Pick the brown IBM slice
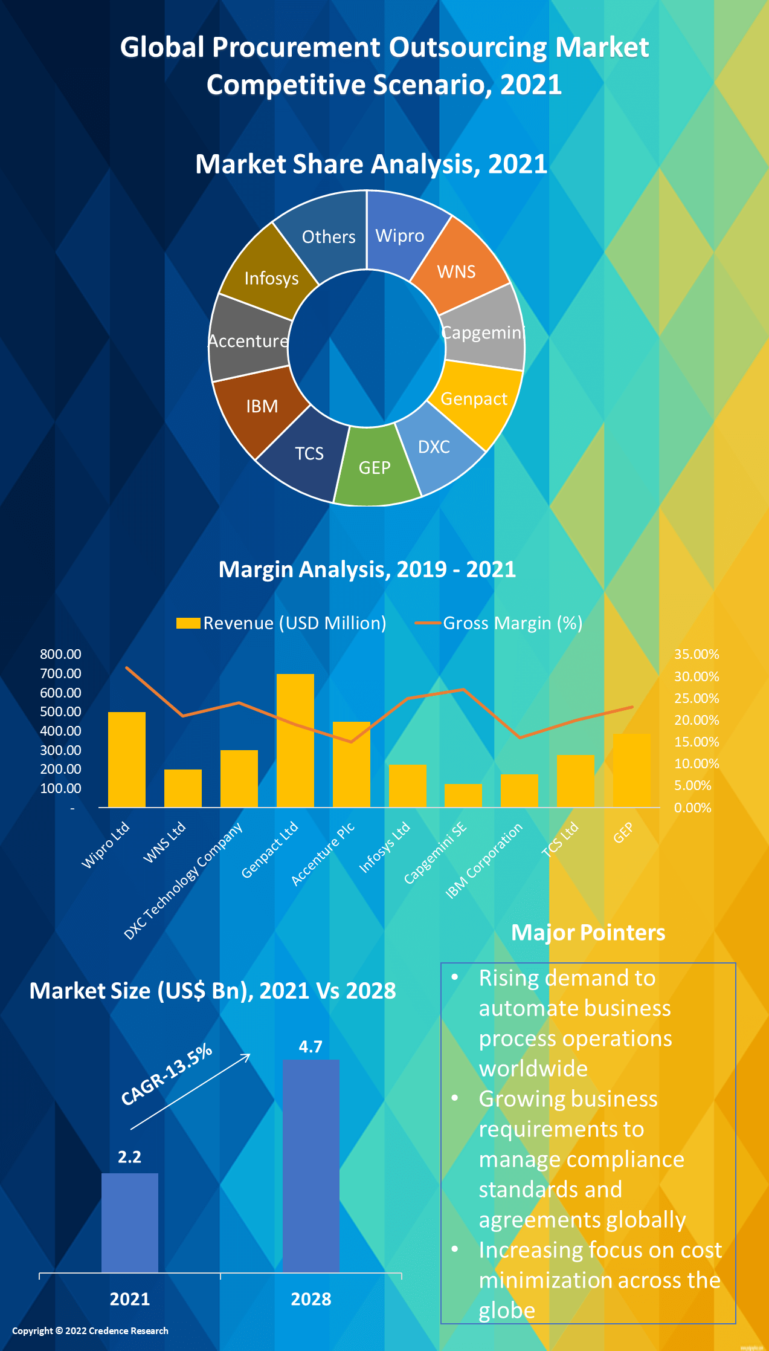260,408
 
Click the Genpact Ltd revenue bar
295,740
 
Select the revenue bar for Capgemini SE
463,795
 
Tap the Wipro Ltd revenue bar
127,760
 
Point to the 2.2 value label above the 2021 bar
129,1157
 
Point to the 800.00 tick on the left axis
60,654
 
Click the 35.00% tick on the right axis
697,654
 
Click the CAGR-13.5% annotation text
166,1074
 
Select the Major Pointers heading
588,933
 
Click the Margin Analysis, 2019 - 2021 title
367,569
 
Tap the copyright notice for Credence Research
90,1330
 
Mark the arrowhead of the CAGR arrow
247,1055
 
